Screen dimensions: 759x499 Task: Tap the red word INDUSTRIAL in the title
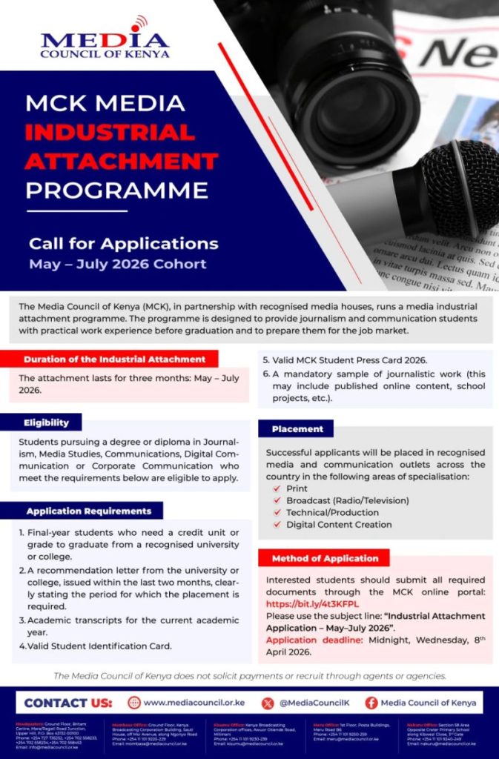[x=110, y=133]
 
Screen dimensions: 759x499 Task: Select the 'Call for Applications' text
[x=123, y=244]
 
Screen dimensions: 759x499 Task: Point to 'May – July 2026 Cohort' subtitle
[x=117, y=264]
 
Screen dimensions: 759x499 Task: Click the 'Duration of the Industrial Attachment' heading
[x=114, y=359]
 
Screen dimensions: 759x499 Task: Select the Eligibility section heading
[x=46, y=422]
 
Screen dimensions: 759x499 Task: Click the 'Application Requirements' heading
[x=88, y=511]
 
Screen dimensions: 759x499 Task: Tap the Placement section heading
[x=297, y=428]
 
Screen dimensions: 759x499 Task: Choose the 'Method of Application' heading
[x=325, y=558]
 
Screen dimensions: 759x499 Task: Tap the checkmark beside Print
[x=277, y=489]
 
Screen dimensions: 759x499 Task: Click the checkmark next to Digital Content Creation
[x=277, y=525]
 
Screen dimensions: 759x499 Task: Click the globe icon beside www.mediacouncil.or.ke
[x=134, y=703]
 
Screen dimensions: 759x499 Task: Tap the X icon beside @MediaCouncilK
[x=268, y=703]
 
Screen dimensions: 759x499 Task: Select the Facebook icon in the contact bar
[x=371, y=703]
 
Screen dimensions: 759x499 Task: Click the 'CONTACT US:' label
[x=68, y=703]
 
